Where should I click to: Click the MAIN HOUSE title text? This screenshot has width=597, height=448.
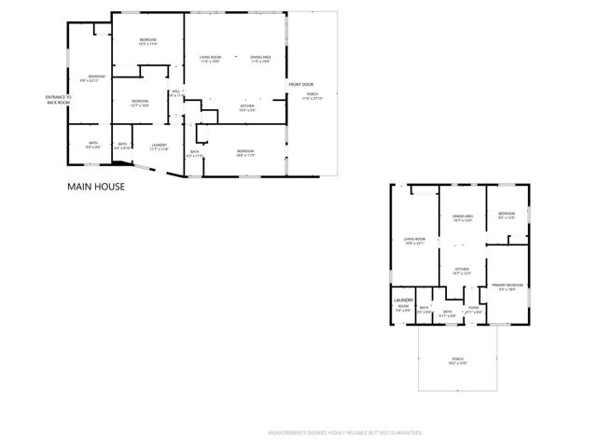click(x=95, y=187)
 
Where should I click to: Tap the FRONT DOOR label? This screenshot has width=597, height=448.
click(x=300, y=84)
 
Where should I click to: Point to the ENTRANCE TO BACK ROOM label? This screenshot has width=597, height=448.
click(x=58, y=99)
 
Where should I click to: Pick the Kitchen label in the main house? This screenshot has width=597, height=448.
click(x=247, y=107)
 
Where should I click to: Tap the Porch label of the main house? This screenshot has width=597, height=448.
click(x=312, y=95)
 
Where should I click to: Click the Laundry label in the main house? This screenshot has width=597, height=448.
click(x=159, y=146)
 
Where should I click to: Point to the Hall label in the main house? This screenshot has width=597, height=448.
click(x=175, y=92)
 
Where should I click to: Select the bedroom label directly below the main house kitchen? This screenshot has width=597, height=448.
click(x=244, y=152)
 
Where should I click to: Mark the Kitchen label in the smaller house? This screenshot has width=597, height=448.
click(x=462, y=271)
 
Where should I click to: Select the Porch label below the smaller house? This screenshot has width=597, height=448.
click(x=458, y=360)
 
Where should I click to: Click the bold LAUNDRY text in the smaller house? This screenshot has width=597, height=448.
click(x=403, y=300)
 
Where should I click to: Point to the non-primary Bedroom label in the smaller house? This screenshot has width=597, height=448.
click(x=507, y=214)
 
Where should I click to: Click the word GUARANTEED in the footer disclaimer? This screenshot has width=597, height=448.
click(x=403, y=433)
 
